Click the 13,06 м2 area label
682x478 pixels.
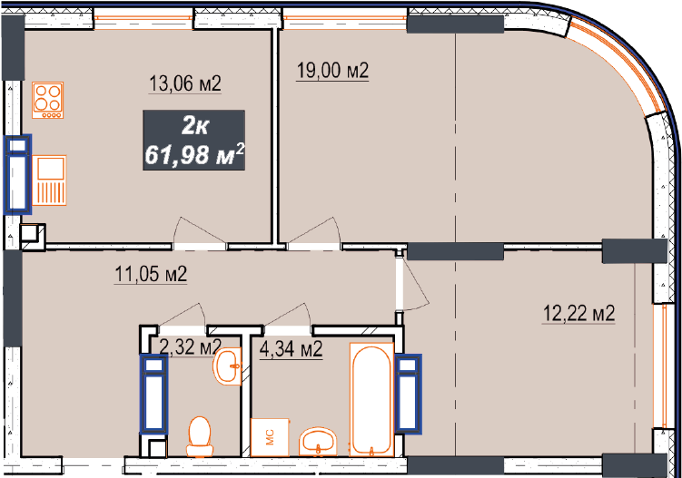tap(185, 83)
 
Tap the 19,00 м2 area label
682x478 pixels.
tap(332, 70)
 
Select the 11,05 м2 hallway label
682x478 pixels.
tap(151, 274)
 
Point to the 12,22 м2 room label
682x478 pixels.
tap(578, 313)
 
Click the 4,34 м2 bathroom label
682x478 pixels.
tap(291, 348)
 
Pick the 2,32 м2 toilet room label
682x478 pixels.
tap(191, 346)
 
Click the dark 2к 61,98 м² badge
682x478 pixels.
tap(194, 140)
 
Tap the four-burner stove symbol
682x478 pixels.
tap(48, 100)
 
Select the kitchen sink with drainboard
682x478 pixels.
tap(49, 180)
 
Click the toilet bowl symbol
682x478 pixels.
tap(200, 436)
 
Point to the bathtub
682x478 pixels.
tap(372, 399)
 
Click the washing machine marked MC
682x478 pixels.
tap(270, 437)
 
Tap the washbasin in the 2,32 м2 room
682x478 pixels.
tap(227, 366)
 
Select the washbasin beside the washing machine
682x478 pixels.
tap(318, 441)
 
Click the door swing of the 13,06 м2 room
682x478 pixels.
tap(200, 233)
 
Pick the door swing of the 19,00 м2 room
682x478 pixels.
tap(314, 233)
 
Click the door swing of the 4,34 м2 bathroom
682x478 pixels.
tap(287, 315)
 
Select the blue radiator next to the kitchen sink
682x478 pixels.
tap(17, 174)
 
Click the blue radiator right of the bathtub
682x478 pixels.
tap(408, 394)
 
